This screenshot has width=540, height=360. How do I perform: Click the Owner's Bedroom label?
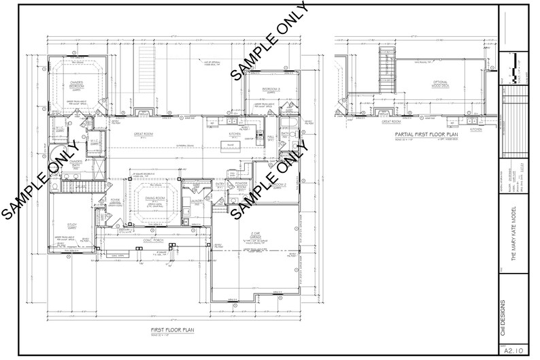76,85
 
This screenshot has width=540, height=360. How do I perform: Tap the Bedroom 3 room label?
272,90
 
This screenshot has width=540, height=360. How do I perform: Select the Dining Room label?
156,199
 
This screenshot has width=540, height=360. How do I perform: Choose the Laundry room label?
198,201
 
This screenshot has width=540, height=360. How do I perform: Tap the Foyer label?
115,199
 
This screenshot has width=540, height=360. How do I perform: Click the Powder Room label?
241,184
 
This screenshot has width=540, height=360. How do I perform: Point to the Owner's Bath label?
75,162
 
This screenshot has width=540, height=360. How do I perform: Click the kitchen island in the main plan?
231,146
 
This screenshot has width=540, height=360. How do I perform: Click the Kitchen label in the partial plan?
476,128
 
